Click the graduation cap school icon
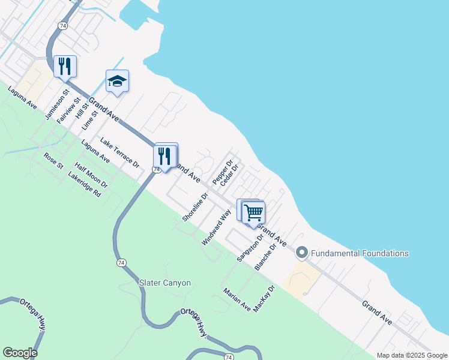tap(117, 82)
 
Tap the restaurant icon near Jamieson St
tap(65, 65)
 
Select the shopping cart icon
tap(253, 212)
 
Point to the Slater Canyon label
tap(165, 283)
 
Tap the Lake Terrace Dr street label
tap(119, 152)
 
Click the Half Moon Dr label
tap(91, 175)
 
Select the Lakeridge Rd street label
tap(85, 185)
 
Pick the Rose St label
tap(53, 161)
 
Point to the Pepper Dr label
tap(221, 172)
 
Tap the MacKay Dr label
tap(264, 298)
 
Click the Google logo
tap(20, 353)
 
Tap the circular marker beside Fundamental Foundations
tap(301, 253)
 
